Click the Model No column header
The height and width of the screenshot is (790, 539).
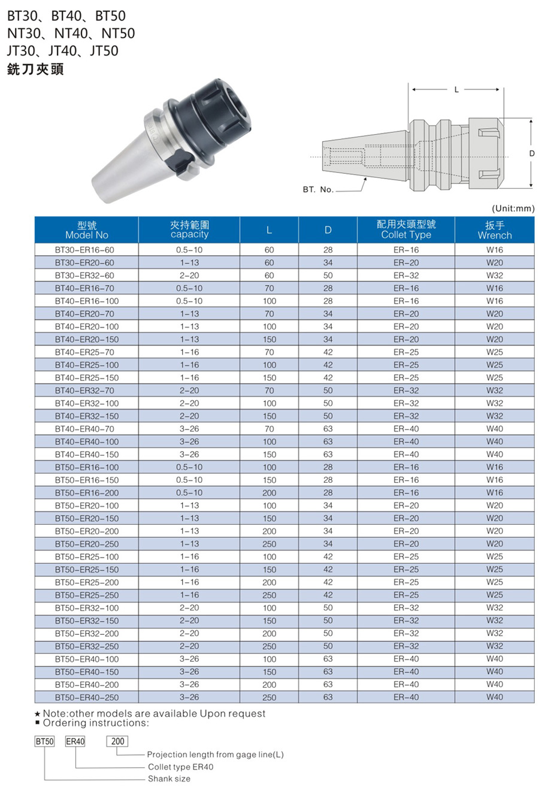click(x=87, y=230)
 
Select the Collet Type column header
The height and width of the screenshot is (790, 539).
click(x=406, y=230)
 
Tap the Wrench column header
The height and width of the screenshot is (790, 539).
click(x=495, y=230)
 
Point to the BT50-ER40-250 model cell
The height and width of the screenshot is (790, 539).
click(x=87, y=697)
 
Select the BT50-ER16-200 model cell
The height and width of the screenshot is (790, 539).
click(x=87, y=493)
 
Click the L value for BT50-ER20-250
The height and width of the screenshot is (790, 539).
click(x=269, y=544)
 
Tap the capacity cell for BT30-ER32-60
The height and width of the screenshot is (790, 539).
click(x=189, y=276)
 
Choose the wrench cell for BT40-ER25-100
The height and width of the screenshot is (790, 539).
click(x=495, y=365)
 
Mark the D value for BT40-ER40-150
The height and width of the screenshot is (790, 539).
click(x=328, y=455)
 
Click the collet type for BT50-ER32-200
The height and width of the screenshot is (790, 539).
click(x=406, y=633)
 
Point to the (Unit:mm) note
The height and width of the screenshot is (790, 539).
click(x=513, y=208)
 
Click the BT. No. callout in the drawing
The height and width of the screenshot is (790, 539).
click(x=318, y=189)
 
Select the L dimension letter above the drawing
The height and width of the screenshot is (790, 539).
click(x=456, y=89)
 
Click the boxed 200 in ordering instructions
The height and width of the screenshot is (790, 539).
click(x=118, y=741)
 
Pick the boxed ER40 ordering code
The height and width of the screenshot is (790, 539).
click(x=75, y=741)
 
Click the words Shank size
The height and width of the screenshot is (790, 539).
click(x=169, y=779)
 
